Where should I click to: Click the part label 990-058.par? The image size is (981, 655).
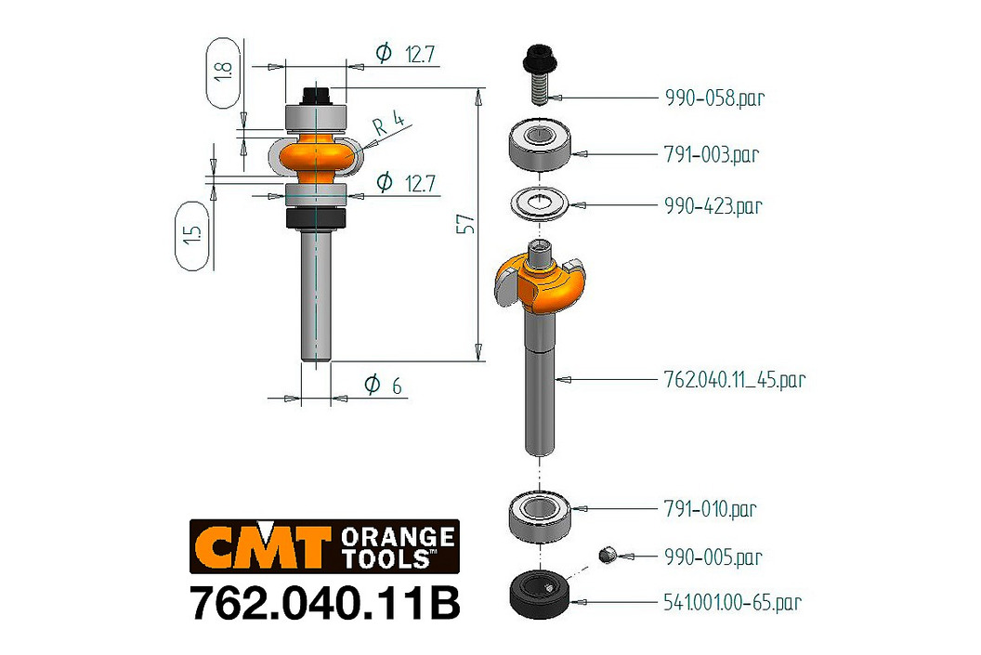714,98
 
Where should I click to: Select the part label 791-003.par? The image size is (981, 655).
712,154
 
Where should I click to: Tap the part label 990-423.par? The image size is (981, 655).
713,205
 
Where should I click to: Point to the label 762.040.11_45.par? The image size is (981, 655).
735,379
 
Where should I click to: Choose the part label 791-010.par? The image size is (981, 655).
710,508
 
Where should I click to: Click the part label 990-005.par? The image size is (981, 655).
713,557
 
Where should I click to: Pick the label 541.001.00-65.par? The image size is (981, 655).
733,602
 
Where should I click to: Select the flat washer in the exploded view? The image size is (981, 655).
540,203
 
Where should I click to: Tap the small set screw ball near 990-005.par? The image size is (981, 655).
607,555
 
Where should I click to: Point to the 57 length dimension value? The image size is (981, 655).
465,224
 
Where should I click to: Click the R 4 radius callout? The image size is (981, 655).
389,123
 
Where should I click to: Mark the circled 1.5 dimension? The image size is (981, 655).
192,235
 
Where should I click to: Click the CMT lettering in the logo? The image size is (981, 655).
263,546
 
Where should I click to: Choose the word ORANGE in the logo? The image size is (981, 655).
398,537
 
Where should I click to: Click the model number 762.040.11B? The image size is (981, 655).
325,603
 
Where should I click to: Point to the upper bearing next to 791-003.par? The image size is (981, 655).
540,146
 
